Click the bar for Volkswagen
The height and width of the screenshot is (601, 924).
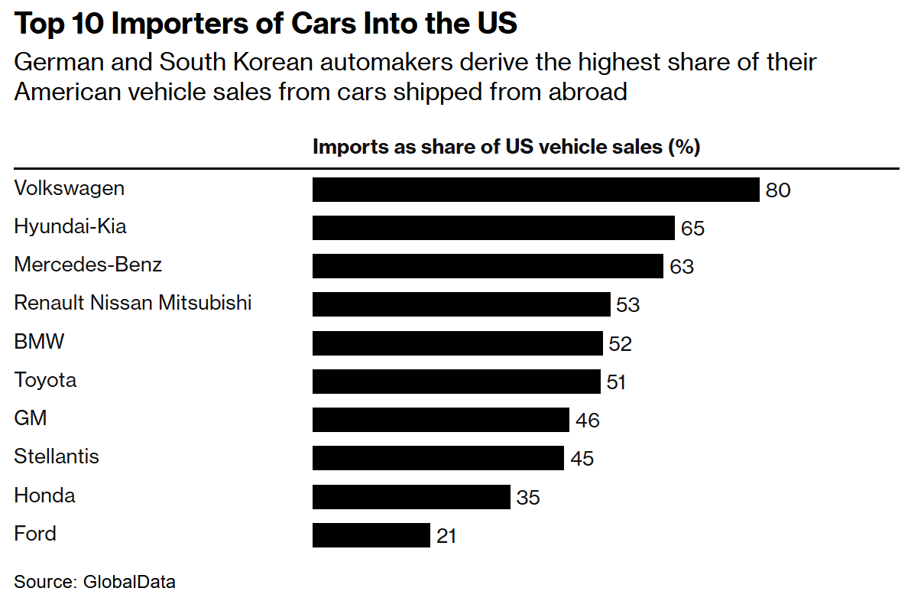pos(535,190)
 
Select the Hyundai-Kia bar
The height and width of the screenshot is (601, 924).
pos(493,228)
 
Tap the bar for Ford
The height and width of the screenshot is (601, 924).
pos(371,535)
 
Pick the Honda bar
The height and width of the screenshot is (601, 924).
pos(410,497)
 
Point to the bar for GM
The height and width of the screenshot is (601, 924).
pos(440,420)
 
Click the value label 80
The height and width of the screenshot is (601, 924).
pos(777,190)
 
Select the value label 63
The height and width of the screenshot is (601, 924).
pos(681,267)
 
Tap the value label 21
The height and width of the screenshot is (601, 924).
pos(446,536)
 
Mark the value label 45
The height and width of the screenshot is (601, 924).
pos(582,459)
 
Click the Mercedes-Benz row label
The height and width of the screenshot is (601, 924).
pos(88,265)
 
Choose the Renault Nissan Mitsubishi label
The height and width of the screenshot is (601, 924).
pos(133,304)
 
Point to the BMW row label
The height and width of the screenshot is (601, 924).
pos(39,342)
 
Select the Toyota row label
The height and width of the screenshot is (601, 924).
pos(45,380)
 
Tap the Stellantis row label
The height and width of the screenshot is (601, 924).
pos(57,457)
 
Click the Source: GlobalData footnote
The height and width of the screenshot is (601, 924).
pos(95,582)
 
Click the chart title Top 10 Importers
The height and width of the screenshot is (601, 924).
pos(266,24)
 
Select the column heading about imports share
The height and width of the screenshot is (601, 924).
pos(506,147)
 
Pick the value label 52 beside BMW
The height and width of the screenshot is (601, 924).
pos(620,344)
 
